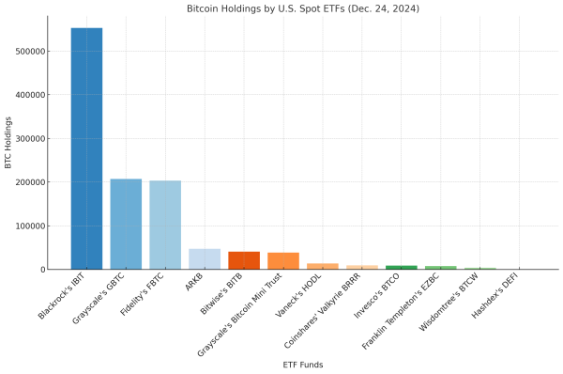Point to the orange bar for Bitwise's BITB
coord(244,260)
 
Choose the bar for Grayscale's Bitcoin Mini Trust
coord(283,261)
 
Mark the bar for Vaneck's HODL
coord(323,267)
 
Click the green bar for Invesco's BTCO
coord(402,268)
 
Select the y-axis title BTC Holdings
coord(8,143)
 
